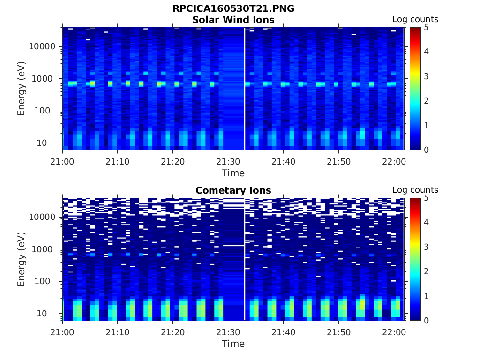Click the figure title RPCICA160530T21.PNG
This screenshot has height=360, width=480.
(233, 8)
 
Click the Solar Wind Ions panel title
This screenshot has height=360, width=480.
(233, 20)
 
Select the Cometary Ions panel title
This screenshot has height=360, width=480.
(233, 190)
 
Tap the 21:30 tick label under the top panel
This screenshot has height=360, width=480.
(228, 161)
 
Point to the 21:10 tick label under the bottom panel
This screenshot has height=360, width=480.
(117, 332)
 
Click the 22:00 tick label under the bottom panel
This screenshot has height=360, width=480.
(394, 332)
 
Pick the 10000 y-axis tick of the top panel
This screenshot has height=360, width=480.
(43, 46)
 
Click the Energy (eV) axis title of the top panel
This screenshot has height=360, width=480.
(22, 89)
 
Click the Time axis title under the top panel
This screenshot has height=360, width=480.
(233, 173)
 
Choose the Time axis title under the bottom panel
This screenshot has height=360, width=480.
(233, 344)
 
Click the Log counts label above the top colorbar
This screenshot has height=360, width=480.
(415, 20)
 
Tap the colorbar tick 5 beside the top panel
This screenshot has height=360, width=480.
(426, 27)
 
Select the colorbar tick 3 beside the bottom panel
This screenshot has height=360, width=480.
(426, 247)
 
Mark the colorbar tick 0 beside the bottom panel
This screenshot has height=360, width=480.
(426, 320)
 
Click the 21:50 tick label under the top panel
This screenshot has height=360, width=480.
(338, 161)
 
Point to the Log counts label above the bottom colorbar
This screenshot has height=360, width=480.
(415, 190)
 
